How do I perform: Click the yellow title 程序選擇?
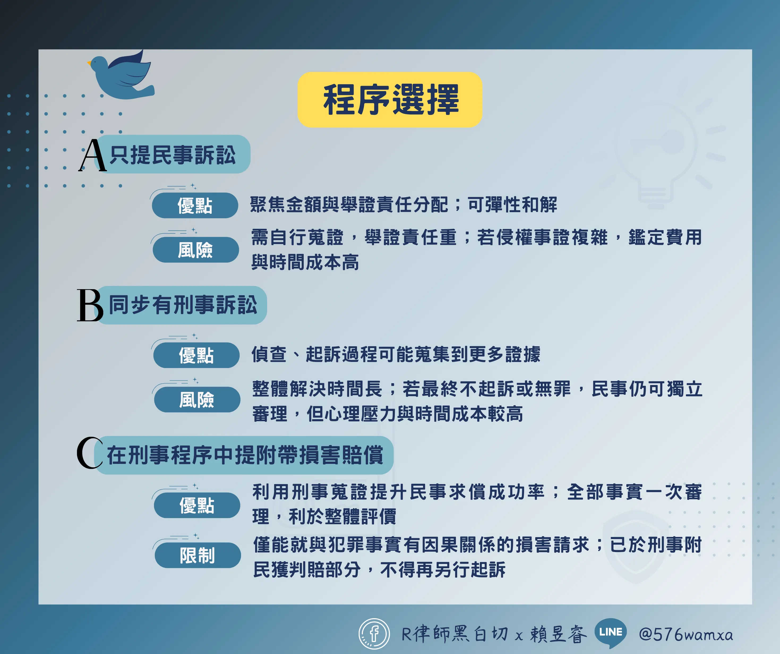tap(390, 100)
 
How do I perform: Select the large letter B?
tap(90, 305)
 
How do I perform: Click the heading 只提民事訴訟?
tap(173, 155)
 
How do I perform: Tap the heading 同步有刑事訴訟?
tap(183, 305)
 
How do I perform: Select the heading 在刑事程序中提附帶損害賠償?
tap(245, 455)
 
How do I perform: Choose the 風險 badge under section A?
tap(195, 250)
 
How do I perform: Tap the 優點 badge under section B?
tap(196, 355)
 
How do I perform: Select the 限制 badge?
tap(198, 555)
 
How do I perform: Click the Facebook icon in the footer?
tap(374, 634)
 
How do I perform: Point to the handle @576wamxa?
tap(686, 634)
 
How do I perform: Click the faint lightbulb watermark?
tap(655, 149)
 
